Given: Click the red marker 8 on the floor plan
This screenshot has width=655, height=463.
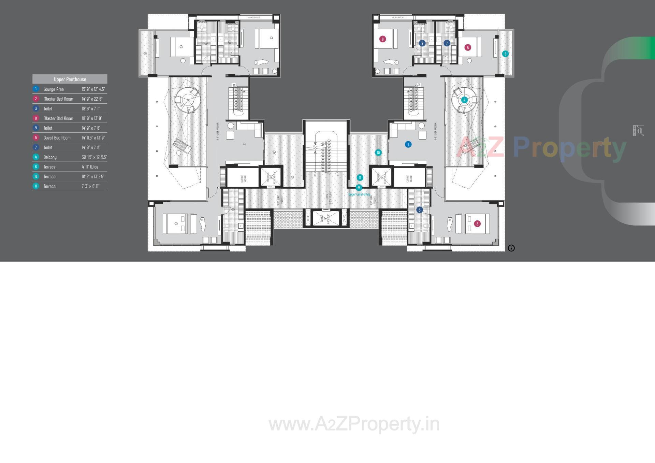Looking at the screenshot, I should (x=382, y=39).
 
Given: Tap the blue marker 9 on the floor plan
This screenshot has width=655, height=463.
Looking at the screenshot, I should (x=422, y=43).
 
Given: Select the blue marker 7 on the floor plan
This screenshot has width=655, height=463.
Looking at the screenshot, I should (x=447, y=43).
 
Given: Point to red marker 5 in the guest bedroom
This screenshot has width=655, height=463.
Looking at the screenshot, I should (x=468, y=47).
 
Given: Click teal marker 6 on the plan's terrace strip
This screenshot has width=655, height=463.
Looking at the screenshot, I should (x=505, y=54).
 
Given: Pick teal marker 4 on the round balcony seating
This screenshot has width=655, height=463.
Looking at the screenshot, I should (x=464, y=100).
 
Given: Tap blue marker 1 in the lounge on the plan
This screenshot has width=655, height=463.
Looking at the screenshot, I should (x=408, y=144).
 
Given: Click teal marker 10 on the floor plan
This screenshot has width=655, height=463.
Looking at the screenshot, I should (x=378, y=153).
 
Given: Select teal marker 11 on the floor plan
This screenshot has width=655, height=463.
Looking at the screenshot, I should (x=360, y=177).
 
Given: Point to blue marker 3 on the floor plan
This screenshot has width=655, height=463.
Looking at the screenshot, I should (x=420, y=210).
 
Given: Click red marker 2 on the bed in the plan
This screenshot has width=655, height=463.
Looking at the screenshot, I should (x=477, y=224).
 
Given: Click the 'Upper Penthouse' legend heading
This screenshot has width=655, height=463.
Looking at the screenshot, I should (x=70, y=79).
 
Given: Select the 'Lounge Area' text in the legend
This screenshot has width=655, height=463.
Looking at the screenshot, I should (x=54, y=89).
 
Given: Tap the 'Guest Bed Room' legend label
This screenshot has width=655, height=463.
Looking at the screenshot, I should (x=57, y=138).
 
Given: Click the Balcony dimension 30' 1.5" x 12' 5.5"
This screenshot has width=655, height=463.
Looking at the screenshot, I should (x=94, y=157).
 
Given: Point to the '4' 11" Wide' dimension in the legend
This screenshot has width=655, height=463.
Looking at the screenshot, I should (x=90, y=167).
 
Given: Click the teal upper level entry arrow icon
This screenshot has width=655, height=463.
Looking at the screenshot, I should (x=359, y=188).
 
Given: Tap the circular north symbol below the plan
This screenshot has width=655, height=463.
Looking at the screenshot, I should (x=511, y=248).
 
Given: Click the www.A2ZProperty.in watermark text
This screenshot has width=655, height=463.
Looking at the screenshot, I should (x=354, y=424).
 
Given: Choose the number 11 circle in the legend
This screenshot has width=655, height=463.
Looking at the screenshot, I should (x=36, y=186).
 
